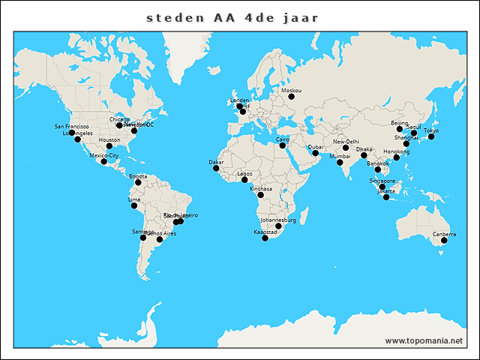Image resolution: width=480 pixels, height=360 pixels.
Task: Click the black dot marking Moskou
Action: click(292, 96)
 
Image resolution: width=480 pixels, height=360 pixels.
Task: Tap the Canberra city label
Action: click(443, 235)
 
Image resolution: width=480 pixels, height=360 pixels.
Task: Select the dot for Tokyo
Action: click(431, 136)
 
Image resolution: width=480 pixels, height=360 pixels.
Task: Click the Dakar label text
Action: click(216, 162)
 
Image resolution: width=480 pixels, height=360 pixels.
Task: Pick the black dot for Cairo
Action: click(283, 145)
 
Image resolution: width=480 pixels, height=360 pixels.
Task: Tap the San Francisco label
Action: click(72, 127)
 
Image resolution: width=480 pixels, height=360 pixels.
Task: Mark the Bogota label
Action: click(138, 176)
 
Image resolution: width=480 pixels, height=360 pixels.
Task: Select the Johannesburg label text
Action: click(278, 220)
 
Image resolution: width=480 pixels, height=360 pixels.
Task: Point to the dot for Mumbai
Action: click(340, 162)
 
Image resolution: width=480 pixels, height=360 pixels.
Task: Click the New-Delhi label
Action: click(346, 142)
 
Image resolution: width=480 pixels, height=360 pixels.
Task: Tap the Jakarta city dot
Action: click(386, 197)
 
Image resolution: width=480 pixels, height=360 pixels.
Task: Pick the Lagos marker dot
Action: click(244, 179)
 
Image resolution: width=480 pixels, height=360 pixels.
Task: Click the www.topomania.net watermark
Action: click(424, 340)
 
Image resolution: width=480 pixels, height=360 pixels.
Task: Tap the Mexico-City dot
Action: click(104, 161)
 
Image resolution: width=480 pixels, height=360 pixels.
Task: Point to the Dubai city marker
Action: click(315, 153)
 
